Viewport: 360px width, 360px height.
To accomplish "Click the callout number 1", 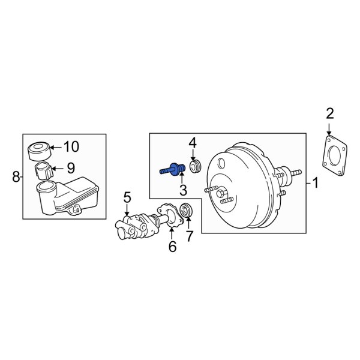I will coord(316,182).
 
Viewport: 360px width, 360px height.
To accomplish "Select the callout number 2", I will coord(329,112).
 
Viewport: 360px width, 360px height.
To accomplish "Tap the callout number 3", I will coord(183,191).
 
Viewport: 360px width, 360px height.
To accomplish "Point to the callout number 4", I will coord(193,143).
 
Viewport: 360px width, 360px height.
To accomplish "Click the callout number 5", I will coord(127,197).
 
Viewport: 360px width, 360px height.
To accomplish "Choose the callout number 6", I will coord(172,245).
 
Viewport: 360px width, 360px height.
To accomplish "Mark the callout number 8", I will coord(16,176).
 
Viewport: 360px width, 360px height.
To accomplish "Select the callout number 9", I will coord(70,169).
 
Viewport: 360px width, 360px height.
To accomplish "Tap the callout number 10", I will coord(71,146).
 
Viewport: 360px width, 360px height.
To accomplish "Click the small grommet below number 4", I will coord(193,166).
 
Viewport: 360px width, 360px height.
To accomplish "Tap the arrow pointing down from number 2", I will coord(329,128).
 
